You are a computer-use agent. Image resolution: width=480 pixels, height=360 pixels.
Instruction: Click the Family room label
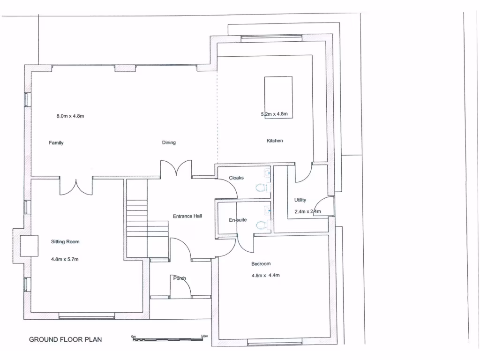point(56,143)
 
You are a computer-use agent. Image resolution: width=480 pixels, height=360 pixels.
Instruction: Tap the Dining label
point(169,142)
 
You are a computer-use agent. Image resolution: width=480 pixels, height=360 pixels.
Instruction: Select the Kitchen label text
point(275,141)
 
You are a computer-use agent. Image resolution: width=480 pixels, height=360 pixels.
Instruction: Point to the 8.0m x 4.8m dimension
point(70,116)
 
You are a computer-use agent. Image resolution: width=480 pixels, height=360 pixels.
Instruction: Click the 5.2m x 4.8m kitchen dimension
point(277,114)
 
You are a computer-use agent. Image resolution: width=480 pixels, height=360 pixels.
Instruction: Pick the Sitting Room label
point(65,242)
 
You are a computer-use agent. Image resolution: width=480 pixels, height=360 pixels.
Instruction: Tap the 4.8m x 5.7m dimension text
point(65,259)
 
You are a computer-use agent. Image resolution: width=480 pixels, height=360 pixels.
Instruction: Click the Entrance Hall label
point(187,216)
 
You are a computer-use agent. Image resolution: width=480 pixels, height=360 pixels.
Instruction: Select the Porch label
point(180,278)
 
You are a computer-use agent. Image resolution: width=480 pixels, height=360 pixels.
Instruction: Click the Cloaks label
point(236,178)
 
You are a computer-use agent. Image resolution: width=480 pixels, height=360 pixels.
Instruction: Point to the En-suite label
point(238,219)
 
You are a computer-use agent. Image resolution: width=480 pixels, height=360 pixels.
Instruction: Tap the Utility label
point(300,200)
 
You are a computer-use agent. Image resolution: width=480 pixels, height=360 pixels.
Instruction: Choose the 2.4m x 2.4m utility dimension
point(307,211)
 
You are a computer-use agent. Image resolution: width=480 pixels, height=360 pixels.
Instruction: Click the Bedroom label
point(261,263)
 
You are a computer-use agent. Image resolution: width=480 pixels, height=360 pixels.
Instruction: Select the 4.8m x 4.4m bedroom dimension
point(265,275)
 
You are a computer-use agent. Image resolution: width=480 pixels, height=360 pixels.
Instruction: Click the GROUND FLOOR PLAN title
point(65,339)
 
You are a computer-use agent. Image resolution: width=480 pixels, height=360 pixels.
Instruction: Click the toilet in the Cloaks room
point(262,188)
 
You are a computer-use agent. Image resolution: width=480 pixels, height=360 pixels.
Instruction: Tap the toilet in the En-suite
point(262,225)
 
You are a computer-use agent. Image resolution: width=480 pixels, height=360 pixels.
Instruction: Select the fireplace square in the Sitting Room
point(29,246)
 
